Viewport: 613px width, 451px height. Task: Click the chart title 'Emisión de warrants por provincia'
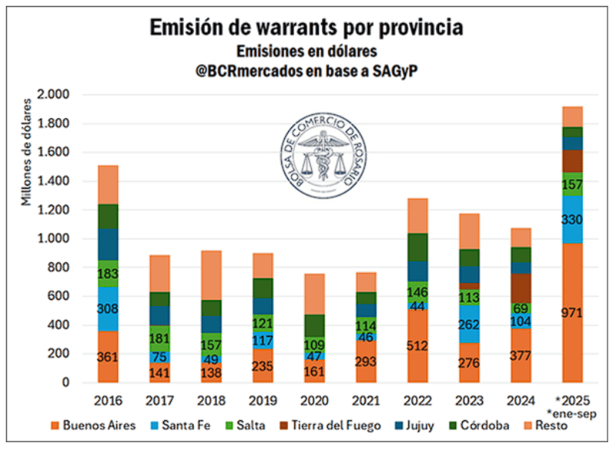pyautogui.click(x=306, y=28)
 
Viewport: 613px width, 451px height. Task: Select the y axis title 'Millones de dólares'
pyautogui.click(x=27, y=152)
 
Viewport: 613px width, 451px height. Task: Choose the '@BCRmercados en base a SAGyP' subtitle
pyautogui.click(x=306, y=71)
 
